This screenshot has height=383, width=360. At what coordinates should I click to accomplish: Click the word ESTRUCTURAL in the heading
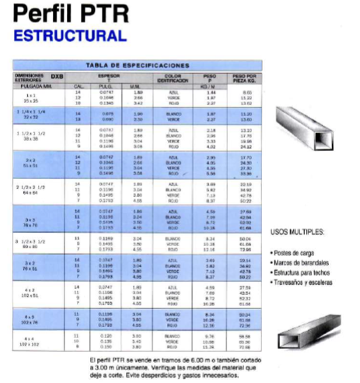(x=70, y=36)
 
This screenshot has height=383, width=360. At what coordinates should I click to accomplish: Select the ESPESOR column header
(x=108, y=76)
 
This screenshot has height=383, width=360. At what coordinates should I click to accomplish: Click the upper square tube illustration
(x=309, y=156)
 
